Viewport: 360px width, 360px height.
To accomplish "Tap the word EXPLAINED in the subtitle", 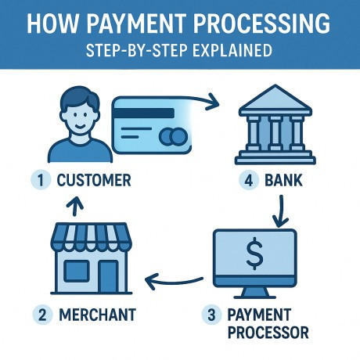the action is tap(232, 50).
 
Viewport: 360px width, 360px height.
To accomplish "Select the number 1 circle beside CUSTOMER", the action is tap(41, 180).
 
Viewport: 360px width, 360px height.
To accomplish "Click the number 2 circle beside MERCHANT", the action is tap(42, 315).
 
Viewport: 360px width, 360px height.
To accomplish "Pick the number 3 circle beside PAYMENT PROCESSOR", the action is tap(211, 315).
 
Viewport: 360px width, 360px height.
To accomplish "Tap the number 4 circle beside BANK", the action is tap(249, 180).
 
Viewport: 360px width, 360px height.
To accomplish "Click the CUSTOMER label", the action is tap(94, 180).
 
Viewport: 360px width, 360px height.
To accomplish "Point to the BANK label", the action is tap(283, 180).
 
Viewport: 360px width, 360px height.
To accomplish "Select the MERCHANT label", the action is tap(97, 315).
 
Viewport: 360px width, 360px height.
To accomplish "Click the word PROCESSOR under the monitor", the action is tap(268, 333).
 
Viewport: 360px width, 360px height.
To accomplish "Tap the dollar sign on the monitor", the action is tap(255, 255).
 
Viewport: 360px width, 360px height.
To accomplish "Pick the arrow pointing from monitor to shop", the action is tap(174, 283).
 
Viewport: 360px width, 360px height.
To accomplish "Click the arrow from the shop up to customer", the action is tap(75, 206).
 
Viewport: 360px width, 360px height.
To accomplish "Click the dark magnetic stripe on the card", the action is tap(144, 113).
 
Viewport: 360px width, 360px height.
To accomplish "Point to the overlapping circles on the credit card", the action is tap(173, 136).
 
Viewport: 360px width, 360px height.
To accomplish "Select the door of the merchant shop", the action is tap(108, 276).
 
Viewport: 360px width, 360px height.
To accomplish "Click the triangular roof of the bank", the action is tap(275, 99).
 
